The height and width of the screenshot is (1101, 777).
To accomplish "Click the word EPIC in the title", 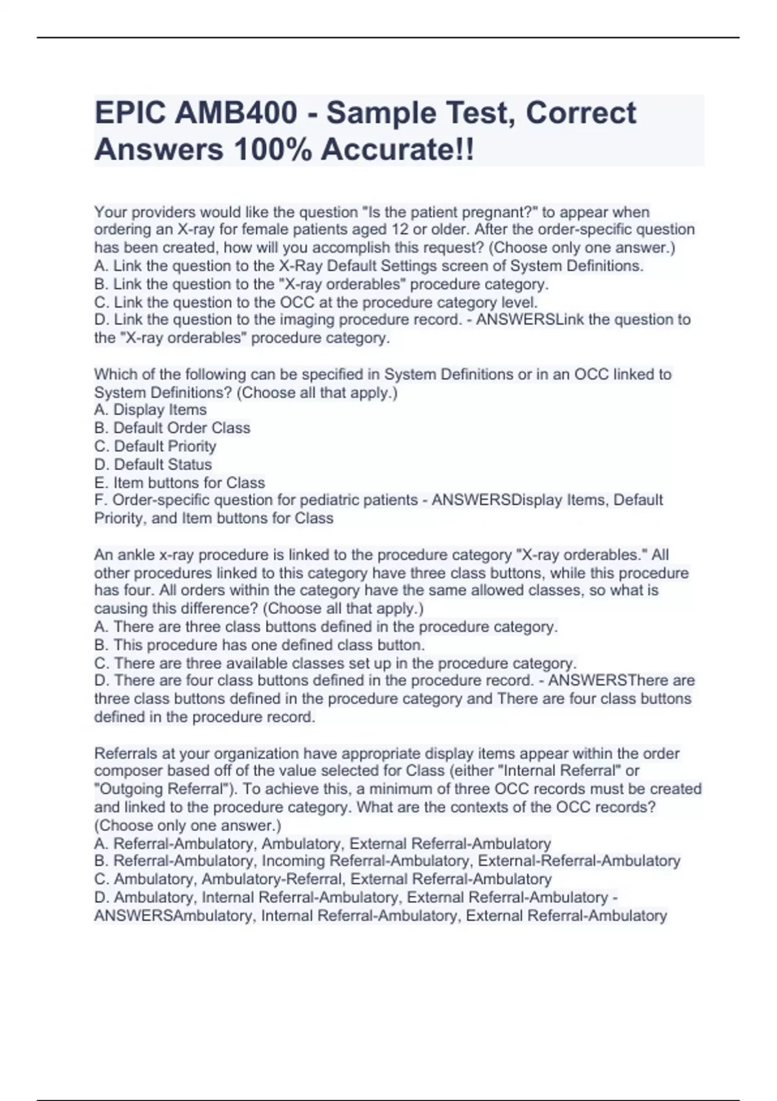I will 129,113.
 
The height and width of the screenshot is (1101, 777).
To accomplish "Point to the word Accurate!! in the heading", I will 397,150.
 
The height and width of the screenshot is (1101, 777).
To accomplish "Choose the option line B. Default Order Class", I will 172,428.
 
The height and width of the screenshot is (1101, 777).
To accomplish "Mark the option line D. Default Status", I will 153,464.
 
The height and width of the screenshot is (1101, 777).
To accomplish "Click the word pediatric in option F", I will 324,500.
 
